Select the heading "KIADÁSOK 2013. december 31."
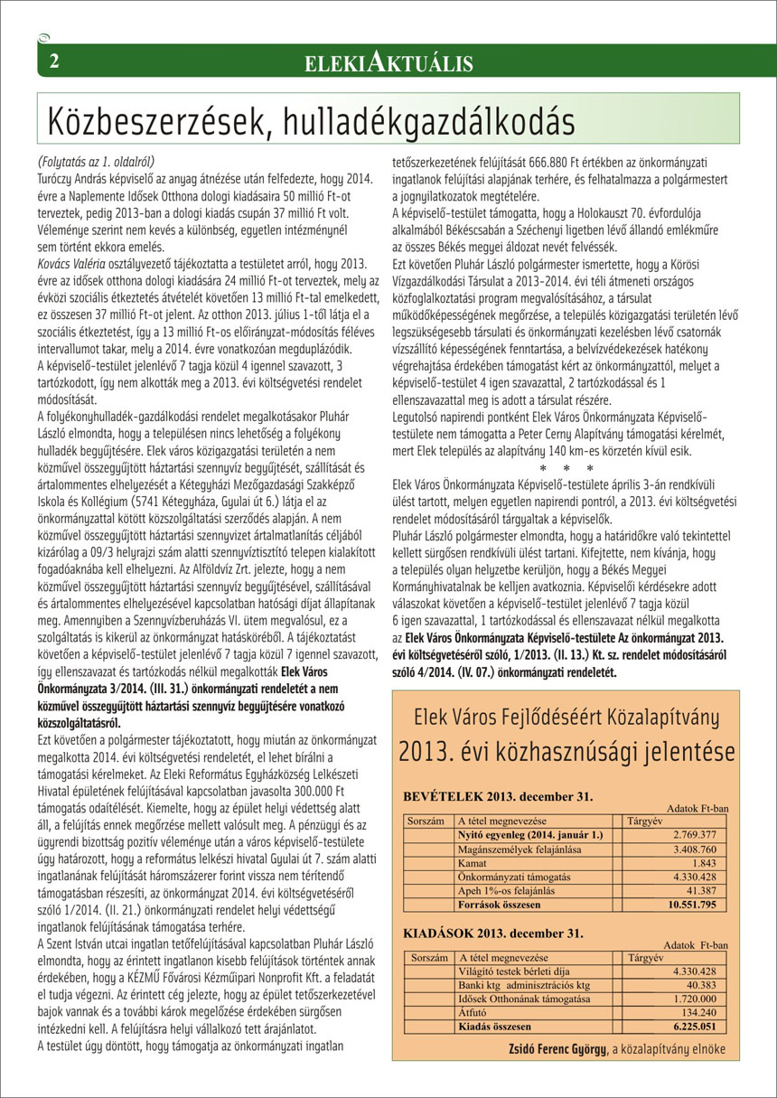[x=491, y=930]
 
